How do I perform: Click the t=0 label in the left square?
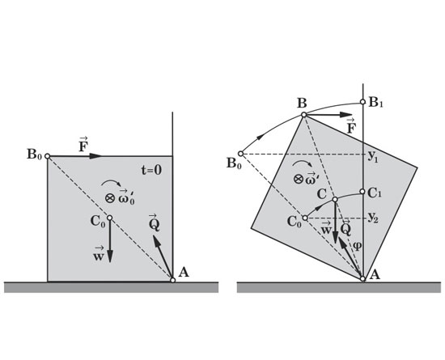click(x=151, y=170)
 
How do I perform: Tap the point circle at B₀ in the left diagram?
click(x=48, y=156)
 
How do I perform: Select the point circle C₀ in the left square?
click(x=109, y=218)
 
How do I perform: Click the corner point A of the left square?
click(x=173, y=280)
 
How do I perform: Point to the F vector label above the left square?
click(x=83, y=145)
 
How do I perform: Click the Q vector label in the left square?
click(x=154, y=222)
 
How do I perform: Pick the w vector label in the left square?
click(x=98, y=254)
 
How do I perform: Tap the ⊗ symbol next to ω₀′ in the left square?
click(x=109, y=198)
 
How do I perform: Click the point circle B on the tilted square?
click(x=303, y=115)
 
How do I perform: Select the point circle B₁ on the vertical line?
click(x=362, y=102)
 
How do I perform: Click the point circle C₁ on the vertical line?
click(x=362, y=192)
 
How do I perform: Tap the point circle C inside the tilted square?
click(x=335, y=200)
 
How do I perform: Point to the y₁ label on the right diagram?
click(x=373, y=156)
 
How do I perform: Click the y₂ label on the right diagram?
click(x=373, y=218)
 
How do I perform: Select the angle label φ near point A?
click(x=357, y=246)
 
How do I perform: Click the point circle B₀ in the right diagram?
click(x=240, y=154)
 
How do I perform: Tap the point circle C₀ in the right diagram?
click(x=305, y=218)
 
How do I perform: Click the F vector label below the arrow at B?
click(x=351, y=126)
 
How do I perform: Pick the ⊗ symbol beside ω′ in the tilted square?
click(x=298, y=179)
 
